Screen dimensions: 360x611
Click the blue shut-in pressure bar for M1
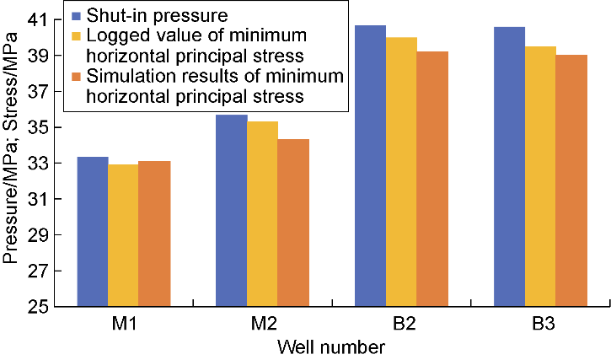(x=93, y=232)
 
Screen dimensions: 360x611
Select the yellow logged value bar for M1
(x=123, y=235)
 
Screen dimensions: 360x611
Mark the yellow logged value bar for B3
(x=540, y=176)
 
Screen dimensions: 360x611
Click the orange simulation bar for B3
(x=571, y=180)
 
